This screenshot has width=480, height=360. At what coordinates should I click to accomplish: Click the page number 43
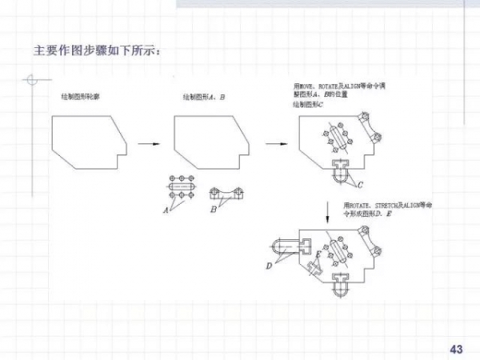coord(457,349)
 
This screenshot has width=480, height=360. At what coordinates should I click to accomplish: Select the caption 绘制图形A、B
coord(204,97)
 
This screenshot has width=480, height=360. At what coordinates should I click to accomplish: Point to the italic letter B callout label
coord(213,210)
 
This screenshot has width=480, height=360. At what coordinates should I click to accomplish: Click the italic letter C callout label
coord(360,185)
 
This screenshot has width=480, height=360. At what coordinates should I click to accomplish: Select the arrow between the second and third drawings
coord(275,145)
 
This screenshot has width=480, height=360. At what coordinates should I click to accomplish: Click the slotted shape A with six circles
coord(184,186)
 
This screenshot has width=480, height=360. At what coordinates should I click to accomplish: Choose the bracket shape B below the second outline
coord(226,193)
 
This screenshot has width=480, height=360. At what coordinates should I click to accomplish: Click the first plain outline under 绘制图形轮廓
coord(88,141)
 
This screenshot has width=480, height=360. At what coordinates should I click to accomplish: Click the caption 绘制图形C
coord(307,104)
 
